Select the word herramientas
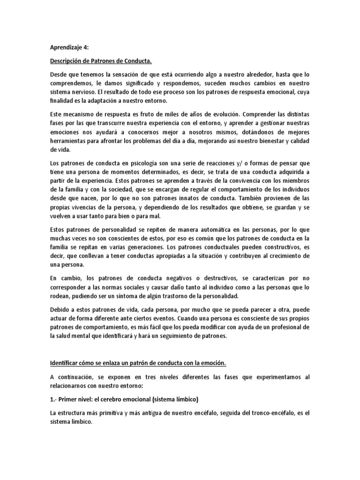click(x=68, y=141)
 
